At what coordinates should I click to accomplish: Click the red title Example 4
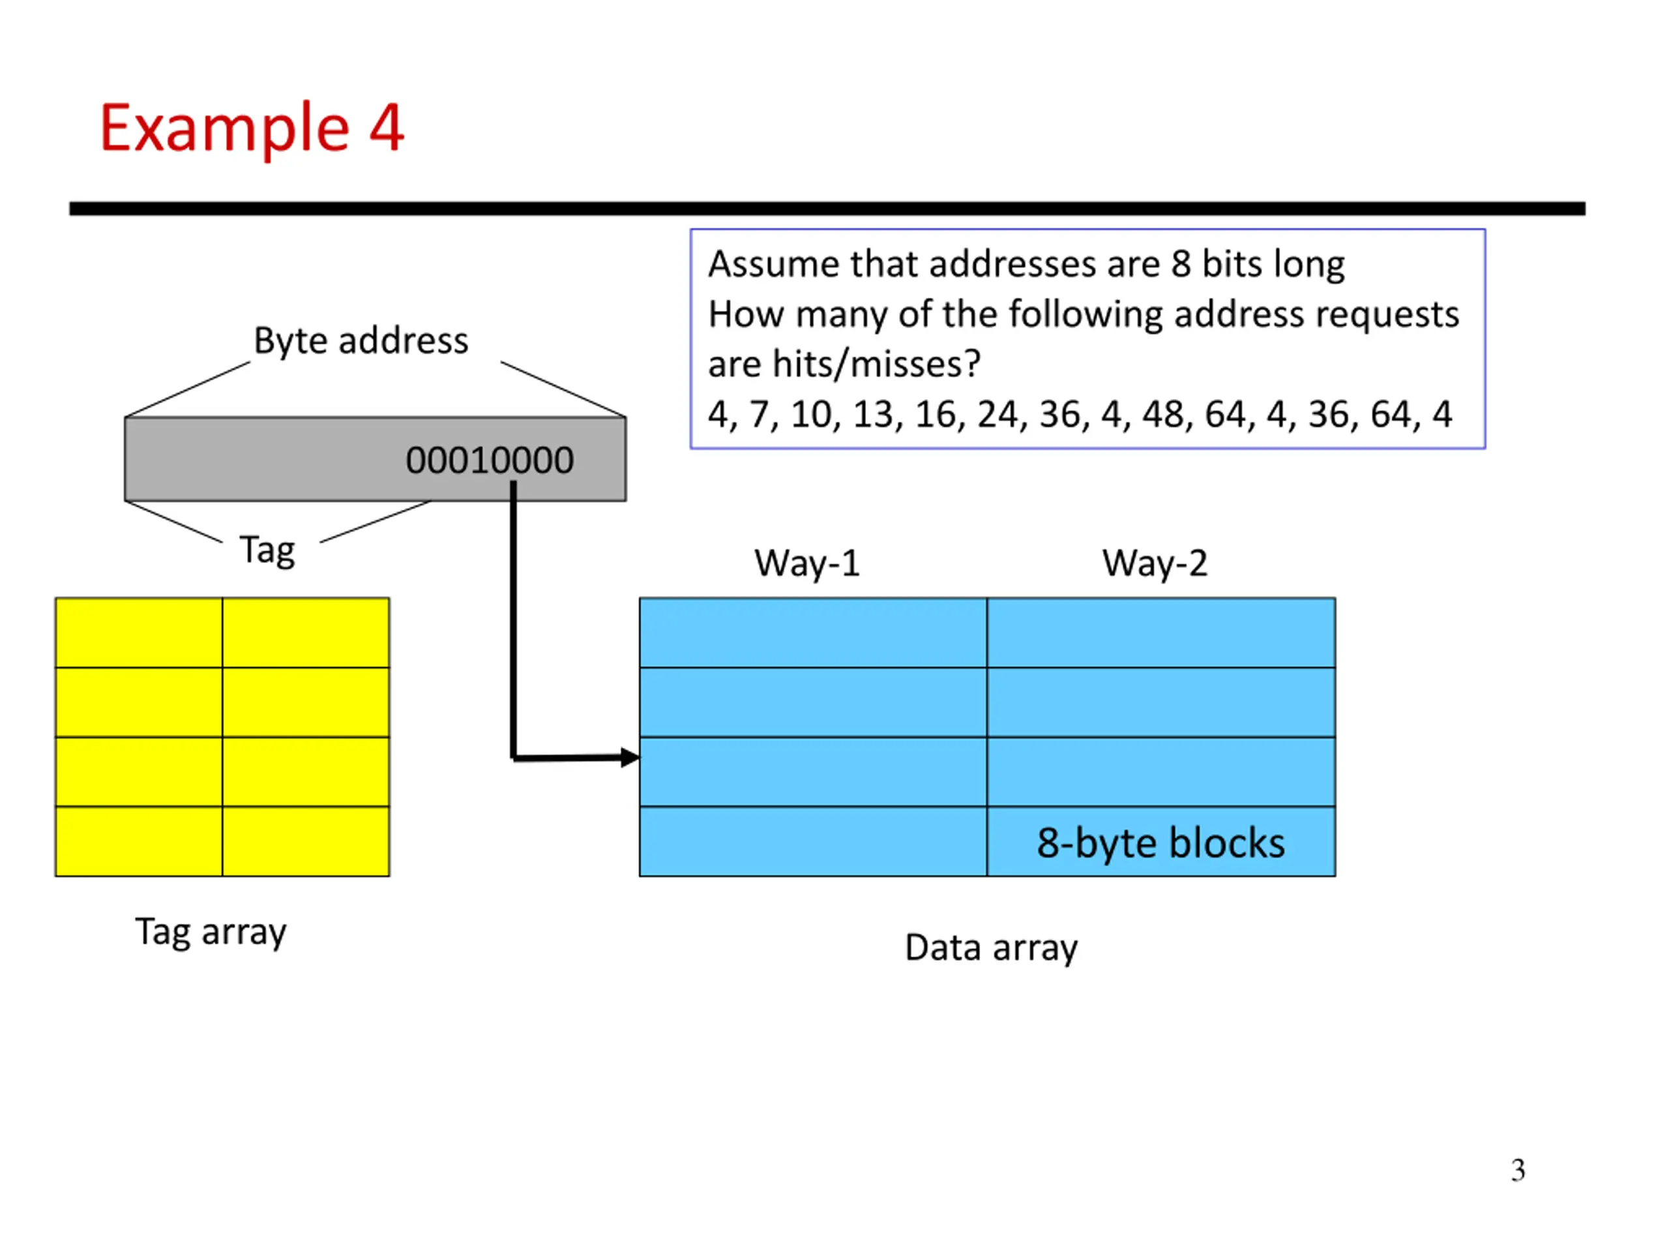click(251, 128)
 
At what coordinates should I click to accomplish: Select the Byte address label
click(361, 341)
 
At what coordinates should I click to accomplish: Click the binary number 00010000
click(490, 460)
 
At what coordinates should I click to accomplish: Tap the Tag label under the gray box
click(267, 551)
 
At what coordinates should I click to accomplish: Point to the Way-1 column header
click(806, 563)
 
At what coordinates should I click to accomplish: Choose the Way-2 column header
click(1155, 563)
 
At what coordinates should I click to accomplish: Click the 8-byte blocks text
click(1160, 843)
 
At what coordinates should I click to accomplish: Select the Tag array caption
click(211, 932)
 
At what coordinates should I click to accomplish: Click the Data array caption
click(991, 948)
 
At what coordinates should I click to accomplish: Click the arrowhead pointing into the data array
click(630, 758)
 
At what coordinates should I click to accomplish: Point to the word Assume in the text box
click(774, 264)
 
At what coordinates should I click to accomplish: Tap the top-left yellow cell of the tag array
click(139, 633)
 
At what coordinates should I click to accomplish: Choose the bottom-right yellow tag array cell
click(306, 841)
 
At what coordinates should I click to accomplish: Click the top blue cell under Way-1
click(814, 633)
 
